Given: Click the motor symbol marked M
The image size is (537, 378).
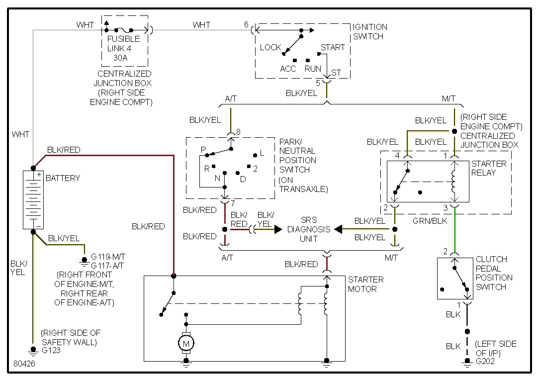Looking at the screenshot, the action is coord(186,343).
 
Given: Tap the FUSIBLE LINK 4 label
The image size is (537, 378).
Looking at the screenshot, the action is coord(123,44).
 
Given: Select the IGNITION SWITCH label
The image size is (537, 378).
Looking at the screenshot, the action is coord(370,31).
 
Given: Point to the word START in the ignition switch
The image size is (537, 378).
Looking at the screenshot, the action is coord(333,47).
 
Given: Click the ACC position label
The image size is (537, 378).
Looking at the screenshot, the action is coord(288,69).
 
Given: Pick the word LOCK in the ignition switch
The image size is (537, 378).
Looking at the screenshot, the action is coord(270,47).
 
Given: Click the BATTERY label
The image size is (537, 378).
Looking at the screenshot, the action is coord(63,178).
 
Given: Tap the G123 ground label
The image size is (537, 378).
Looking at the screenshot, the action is coord(51,350).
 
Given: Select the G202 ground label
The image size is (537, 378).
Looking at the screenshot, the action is coord(485,361).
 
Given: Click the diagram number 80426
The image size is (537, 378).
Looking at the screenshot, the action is coord(24,364).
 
